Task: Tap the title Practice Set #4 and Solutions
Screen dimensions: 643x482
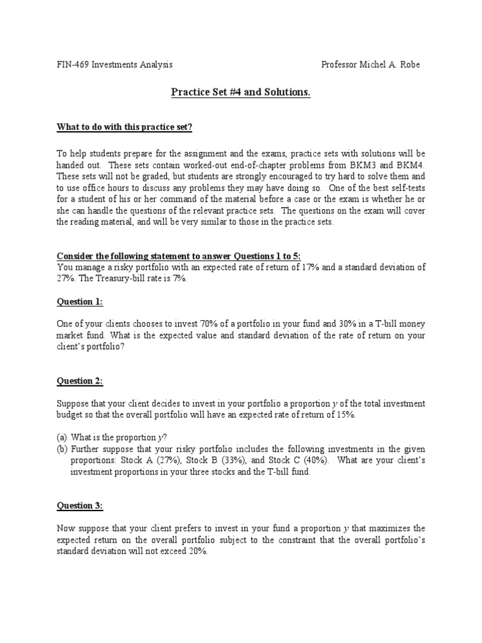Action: tap(241, 93)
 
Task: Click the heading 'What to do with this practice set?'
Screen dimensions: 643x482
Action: tap(125, 128)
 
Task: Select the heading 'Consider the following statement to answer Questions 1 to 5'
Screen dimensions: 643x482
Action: tap(179, 256)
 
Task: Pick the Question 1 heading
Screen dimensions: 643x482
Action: tap(80, 302)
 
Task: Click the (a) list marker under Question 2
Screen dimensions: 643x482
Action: tap(62, 436)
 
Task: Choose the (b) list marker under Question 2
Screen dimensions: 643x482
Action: tap(62, 448)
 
